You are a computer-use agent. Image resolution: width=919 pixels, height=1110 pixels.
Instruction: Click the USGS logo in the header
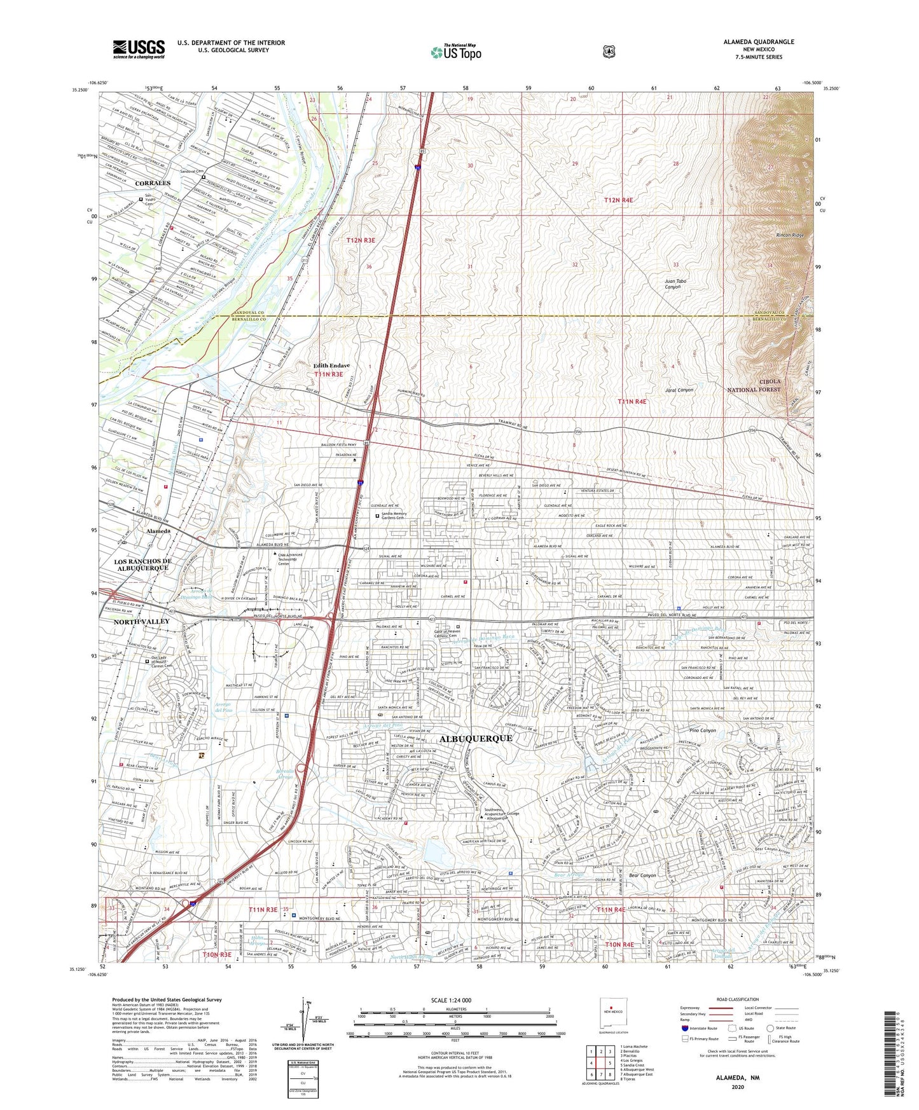139,48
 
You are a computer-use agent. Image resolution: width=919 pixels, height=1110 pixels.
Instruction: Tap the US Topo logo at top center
455,52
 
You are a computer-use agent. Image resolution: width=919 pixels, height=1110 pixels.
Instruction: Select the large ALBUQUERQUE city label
475,738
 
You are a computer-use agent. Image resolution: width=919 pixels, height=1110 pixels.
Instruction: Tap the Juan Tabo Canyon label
675,284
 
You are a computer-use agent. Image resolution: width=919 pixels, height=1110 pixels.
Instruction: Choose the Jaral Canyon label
679,390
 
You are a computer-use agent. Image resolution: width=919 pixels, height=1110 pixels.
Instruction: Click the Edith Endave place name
331,366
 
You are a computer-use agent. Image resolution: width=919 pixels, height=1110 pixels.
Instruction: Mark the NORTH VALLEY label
141,621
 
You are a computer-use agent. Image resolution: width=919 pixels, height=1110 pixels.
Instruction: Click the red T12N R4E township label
618,200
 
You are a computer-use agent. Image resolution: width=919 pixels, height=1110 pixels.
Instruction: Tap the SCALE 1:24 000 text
455,1000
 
